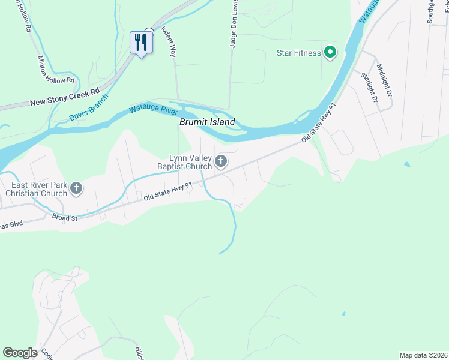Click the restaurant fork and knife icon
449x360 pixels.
(x=141, y=42)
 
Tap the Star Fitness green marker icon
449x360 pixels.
(x=330, y=53)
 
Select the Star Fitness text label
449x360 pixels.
(x=299, y=53)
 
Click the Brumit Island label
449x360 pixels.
(x=207, y=122)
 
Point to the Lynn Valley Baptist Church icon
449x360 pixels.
(x=221, y=161)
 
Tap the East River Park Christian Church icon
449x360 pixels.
(x=76, y=188)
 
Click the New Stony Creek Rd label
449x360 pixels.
(x=65, y=98)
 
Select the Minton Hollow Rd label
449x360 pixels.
(x=56, y=70)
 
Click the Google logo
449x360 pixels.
(x=20, y=353)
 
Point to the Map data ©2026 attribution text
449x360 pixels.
(x=423, y=355)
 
